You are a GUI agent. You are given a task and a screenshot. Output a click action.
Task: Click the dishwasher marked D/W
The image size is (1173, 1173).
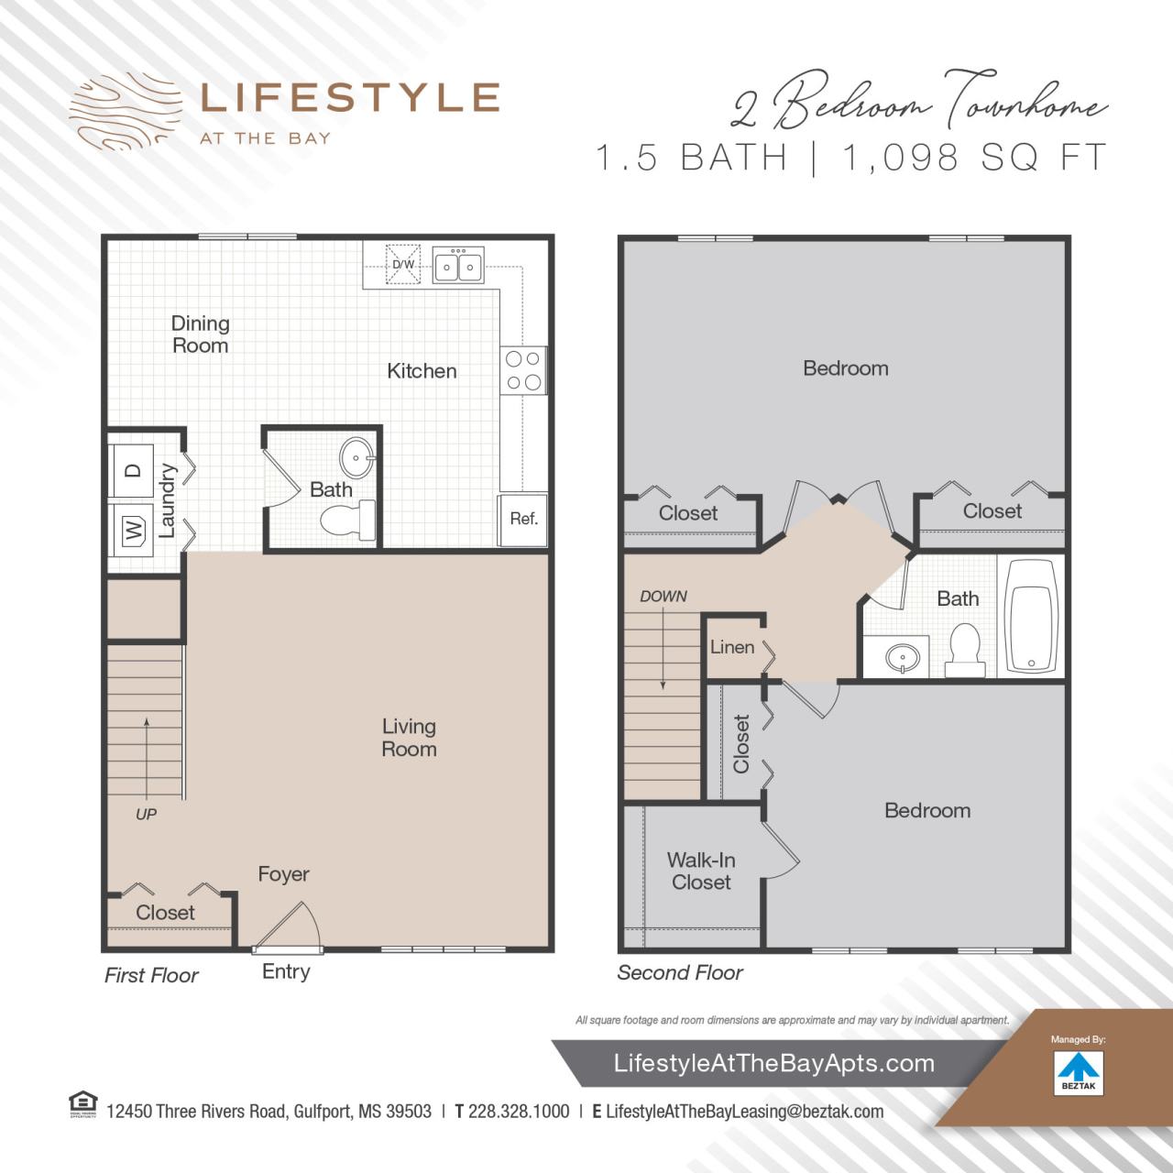point(403,264)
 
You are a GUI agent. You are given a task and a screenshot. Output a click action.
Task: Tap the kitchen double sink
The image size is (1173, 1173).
point(458,266)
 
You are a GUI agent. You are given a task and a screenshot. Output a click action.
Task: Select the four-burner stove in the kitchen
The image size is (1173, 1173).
point(523,371)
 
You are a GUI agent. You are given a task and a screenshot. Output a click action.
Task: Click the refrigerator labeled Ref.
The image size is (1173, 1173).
point(523,520)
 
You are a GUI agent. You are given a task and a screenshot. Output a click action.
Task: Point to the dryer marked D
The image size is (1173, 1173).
point(133,471)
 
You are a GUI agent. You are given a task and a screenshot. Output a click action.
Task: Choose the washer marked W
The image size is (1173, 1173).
point(133,529)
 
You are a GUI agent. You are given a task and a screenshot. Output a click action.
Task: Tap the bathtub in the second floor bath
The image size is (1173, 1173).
point(1032,617)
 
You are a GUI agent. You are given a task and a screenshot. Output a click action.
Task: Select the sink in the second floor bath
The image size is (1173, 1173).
point(904,657)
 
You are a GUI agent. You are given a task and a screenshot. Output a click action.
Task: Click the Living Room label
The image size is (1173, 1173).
point(409,738)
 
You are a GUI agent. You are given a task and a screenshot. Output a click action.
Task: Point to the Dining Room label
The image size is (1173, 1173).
point(201,334)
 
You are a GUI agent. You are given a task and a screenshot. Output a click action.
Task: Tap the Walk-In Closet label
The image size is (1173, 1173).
point(701,872)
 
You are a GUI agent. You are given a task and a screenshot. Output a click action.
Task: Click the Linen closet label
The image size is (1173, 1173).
point(732,647)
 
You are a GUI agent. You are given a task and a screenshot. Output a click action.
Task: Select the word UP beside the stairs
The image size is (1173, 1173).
point(146,814)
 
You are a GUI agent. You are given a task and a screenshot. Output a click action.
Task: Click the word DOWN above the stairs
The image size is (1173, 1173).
point(663,597)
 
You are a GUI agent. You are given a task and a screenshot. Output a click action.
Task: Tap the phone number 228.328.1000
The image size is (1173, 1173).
point(519,1112)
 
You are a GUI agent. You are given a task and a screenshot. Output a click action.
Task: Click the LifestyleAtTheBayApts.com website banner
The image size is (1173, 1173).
point(774,1064)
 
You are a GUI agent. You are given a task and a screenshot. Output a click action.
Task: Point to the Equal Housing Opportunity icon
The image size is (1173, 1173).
point(83,1104)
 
